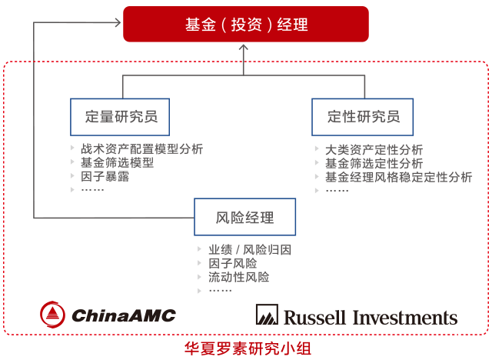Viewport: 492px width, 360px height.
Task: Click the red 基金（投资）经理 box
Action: (x=247, y=24)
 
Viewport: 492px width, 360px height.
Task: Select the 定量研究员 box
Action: (x=121, y=117)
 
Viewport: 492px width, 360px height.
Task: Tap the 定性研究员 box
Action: (x=363, y=117)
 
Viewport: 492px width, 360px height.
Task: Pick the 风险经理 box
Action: (x=244, y=218)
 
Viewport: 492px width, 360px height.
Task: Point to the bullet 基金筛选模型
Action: (x=117, y=163)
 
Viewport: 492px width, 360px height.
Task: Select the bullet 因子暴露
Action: (x=105, y=176)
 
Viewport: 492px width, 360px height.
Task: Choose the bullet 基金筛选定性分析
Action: (x=374, y=163)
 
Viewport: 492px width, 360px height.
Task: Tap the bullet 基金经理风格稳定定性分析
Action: (x=398, y=177)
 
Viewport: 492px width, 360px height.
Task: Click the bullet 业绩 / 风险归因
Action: (x=250, y=250)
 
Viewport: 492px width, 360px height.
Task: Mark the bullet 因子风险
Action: (x=232, y=264)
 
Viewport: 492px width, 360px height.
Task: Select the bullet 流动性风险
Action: (x=238, y=277)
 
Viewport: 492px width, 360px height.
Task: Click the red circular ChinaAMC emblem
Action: (x=53, y=314)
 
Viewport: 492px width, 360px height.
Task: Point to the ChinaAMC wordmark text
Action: (x=124, y=315)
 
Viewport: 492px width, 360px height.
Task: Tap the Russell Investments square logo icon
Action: (x=267, y=315)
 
